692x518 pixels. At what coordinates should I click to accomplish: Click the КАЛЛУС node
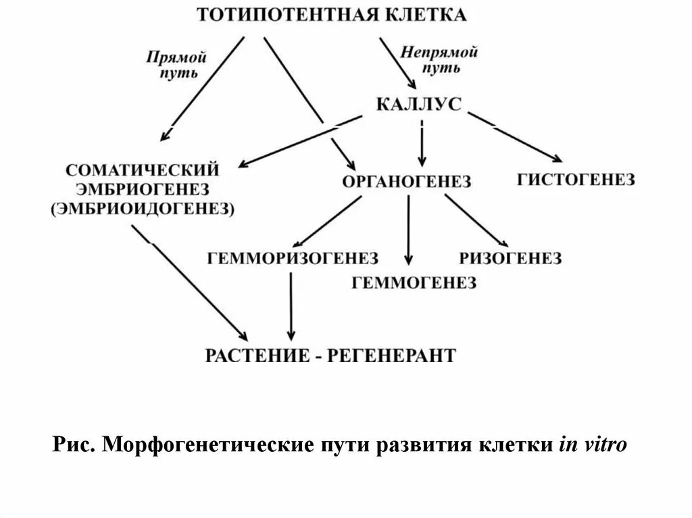click(x=418, y=104)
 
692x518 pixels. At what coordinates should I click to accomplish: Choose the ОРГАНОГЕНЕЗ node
click(x=406, y=181)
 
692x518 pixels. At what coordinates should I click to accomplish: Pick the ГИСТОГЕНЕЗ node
click(x=576, y=180)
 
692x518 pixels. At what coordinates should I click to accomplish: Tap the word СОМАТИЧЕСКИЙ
click(x=143, y=169)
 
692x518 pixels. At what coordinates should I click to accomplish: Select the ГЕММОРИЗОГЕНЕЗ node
click(x=293, y=258)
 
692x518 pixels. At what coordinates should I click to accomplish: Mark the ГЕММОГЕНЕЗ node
click(x=414, y=283)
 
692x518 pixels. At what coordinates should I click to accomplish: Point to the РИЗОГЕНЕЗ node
click(x=510, y=258)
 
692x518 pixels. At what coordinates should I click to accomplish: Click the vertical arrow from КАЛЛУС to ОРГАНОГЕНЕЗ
click(x=422, y=145)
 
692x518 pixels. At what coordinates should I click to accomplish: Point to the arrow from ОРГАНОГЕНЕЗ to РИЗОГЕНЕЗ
click(x=476, y=220)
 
